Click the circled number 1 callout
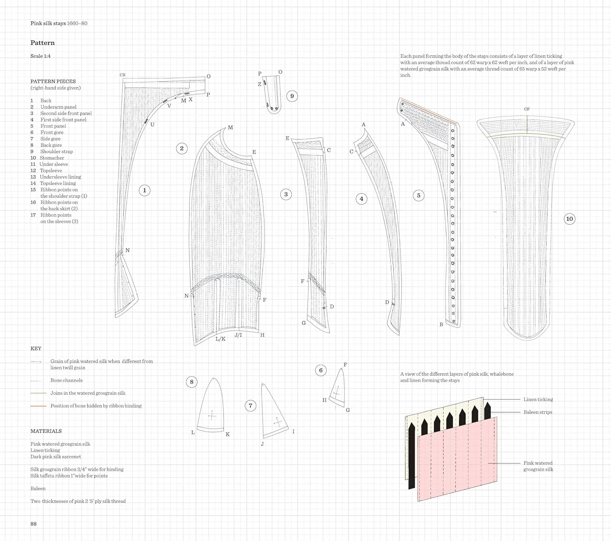click(145, 190)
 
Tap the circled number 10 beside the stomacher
click(569, 219)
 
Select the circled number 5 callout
click(418, 196)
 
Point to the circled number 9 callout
click(292, 96)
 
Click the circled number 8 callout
click(191, 382)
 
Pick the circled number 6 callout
click(321, 370)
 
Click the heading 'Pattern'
click(42, 43)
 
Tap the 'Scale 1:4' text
click(40, 56)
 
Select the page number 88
click(33, 524)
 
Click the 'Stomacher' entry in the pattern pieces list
click(52, 158)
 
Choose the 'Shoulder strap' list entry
click(56, 152)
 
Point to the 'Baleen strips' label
click(538, 412)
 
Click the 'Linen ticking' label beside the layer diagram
click(538, 400)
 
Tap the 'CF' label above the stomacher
click(527, 109)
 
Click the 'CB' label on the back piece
click(123, 75)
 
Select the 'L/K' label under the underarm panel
click(220, 339)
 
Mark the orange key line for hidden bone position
click(38, 406)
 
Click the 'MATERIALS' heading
click(46, 431)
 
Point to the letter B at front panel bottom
click(441, 325)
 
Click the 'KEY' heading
click(36, 349)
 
